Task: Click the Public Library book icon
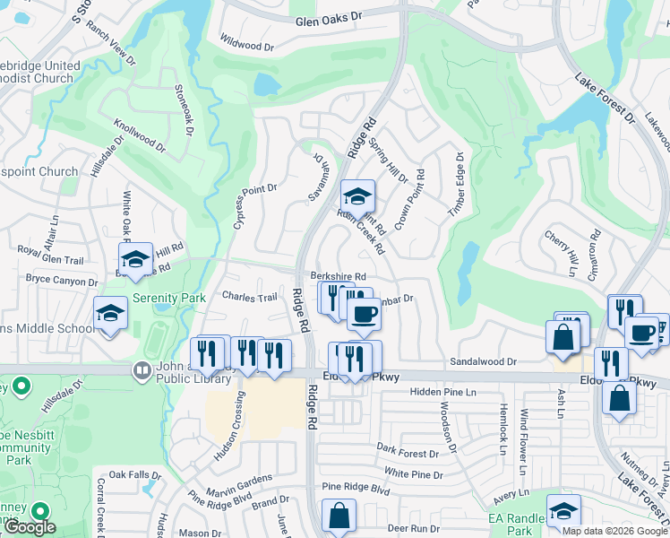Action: pyautogui.click(x=141, y=369)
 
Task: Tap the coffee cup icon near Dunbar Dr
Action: pyautogui.click(x=364, y=315)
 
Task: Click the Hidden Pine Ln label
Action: pyautogui.click(x=443, y=393)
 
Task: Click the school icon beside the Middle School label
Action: pyautogui.click(x=111, y=313)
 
